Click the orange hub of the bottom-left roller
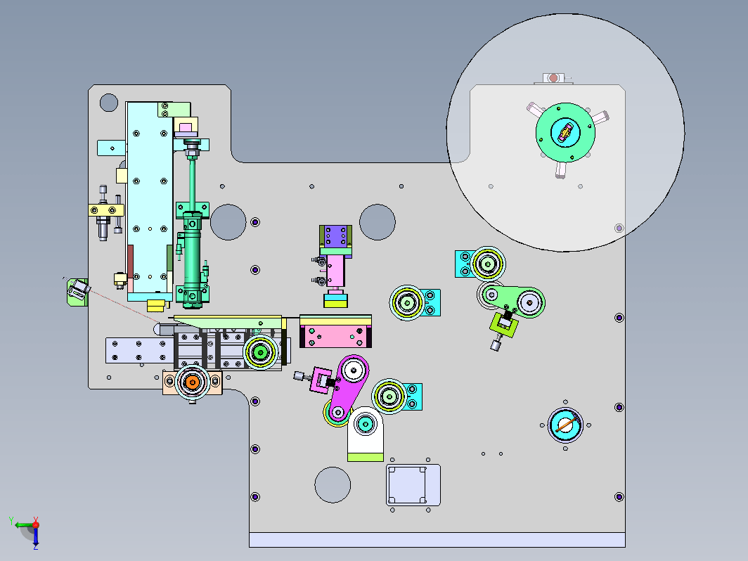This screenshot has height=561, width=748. point(192,382)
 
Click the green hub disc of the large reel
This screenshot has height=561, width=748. point(565,133)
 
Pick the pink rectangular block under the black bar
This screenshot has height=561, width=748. point(335,335)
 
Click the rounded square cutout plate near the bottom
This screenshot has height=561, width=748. point(413,484)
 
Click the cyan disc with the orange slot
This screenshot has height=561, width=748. point(565,425)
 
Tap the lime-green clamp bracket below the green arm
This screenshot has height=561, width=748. point(503,324)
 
